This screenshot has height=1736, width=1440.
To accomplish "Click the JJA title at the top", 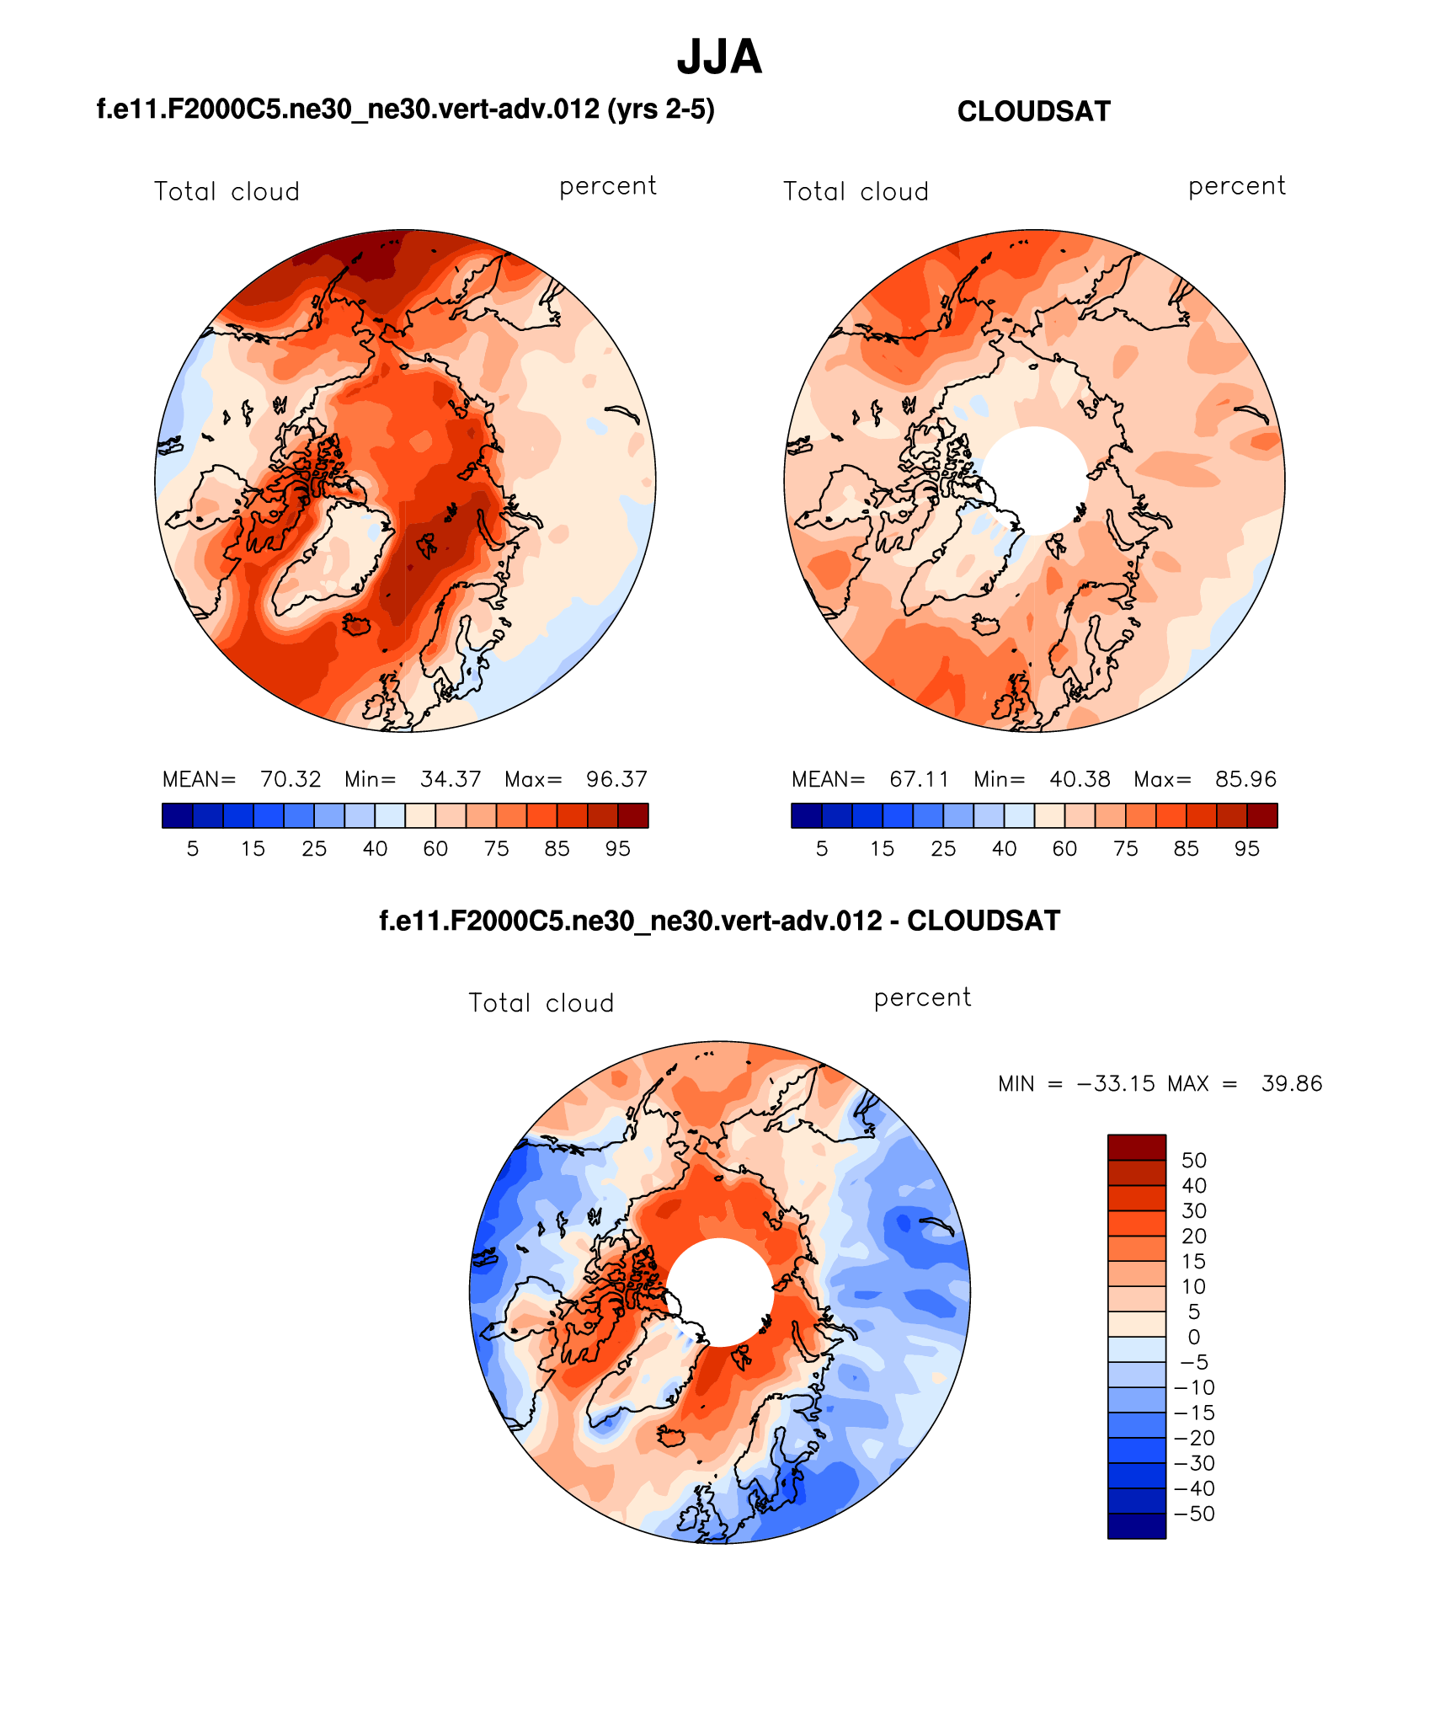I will [719, 57].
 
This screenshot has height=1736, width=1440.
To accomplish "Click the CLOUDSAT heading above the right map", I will [1033, 112].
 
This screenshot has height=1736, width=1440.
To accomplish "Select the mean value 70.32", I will [291, 779].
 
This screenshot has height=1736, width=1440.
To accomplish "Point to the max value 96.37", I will [616, 779].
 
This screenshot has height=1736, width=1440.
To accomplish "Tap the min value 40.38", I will [1080, 779].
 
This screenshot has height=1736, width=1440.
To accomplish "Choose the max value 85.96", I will [1245, 779].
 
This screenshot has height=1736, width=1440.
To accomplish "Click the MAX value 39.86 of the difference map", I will [1291, 1083].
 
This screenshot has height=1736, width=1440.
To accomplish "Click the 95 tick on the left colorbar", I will [617, 849].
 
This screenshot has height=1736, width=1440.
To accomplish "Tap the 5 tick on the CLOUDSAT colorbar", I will [822, 849].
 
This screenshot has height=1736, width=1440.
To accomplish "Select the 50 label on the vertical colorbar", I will [1193, 1161].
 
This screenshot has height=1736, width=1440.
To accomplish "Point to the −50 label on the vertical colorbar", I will [1194, 1514].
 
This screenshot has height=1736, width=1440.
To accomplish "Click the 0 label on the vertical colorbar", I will [1193, 1337].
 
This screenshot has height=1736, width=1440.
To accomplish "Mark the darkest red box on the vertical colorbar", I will [1136, 1147].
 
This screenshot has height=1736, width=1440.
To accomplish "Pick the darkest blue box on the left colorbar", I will [177, 815].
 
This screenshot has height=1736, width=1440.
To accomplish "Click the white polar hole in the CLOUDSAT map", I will [1035, 480].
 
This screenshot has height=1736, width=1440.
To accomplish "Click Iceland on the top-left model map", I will [358, 624].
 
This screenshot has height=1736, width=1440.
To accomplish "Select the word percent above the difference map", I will [922, 997].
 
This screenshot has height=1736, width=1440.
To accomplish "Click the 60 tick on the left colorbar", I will [435, 849].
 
